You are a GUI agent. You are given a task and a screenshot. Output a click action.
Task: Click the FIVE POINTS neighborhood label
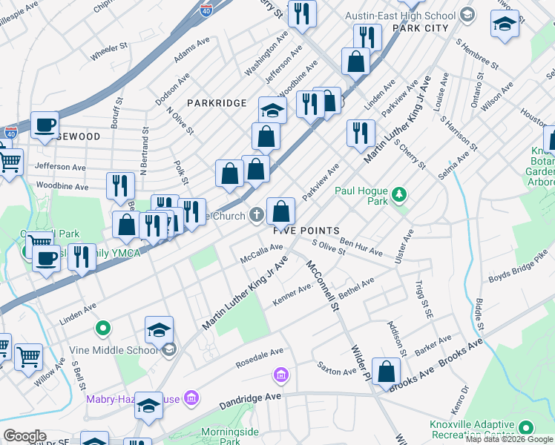click(x=306, y=231)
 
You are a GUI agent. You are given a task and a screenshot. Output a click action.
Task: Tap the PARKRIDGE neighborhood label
click(x=216, y=102)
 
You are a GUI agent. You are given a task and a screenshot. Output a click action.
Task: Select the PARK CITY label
click(x=421, y=28)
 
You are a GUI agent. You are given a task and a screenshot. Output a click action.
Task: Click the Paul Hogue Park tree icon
click(x=400, y=195)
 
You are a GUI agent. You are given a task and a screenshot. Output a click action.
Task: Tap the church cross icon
click(x=256, y=216)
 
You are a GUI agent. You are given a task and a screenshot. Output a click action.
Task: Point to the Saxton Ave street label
click(x=337, y=369)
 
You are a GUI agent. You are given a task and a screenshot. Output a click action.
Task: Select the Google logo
click(x=24, y=436)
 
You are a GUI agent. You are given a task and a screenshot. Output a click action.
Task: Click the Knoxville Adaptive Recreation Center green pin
click(x=527, y=427)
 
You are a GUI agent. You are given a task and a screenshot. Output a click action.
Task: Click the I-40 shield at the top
click(x=207, y=9)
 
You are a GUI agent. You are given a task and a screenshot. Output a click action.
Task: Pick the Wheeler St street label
click(x=110, y=52)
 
